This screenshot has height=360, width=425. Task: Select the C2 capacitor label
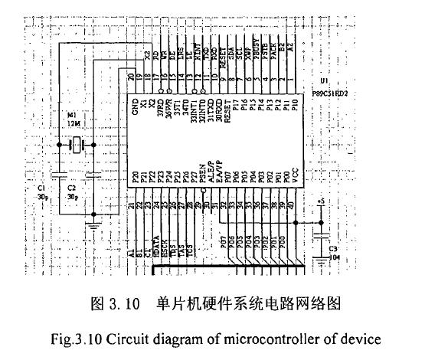(x=71, y=187)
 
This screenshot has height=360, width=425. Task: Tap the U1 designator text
(x=325, y=79)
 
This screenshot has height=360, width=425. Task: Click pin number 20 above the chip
(x=133, y=76)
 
